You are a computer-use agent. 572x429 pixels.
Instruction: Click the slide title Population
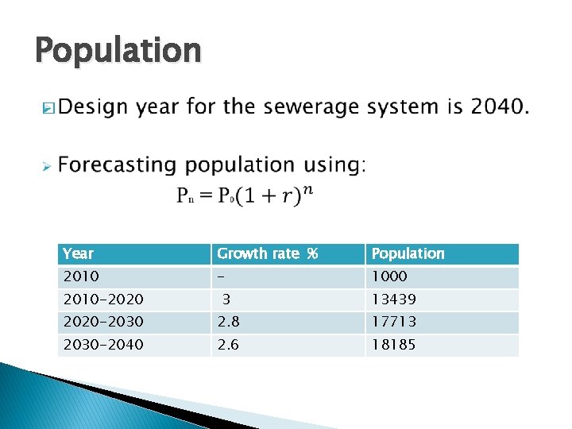click(x=118, y=51)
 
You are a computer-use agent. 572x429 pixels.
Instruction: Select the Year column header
click(x=78, y=253)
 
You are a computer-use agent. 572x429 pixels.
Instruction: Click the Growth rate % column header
click(x=267, y=253)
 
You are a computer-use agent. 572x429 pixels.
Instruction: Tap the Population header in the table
click(x=408, y=253)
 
